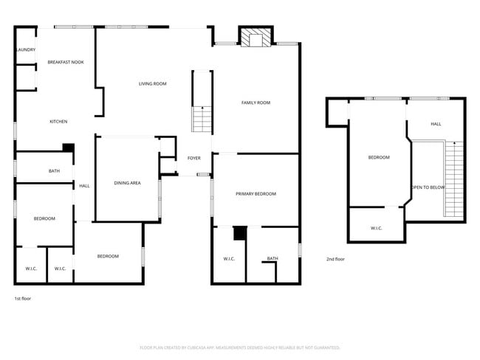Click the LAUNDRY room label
[x=26, y=50]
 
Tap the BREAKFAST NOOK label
[x=66, y=62]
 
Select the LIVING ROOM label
[x=153, y=84]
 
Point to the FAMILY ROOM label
[x=256, y=103]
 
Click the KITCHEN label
[x=58, y=122]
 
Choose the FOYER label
[x=194, y=158]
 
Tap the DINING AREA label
[x=127, y=182]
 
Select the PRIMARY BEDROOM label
[x=256, y=194]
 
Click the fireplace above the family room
[x=256, y=38]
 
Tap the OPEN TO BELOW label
[x=428, y=187]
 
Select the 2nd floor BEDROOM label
[x=379, y=157]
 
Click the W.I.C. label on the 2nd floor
[x=376, y=228]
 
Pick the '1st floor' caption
[x=23, y=299]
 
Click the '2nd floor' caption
[x=335, y=259]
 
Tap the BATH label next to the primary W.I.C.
[x=272, y=258]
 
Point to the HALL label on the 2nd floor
[x=436, y=124]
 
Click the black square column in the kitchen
[x=68, y=148]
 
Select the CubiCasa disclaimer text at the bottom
[x=239, y=347]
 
